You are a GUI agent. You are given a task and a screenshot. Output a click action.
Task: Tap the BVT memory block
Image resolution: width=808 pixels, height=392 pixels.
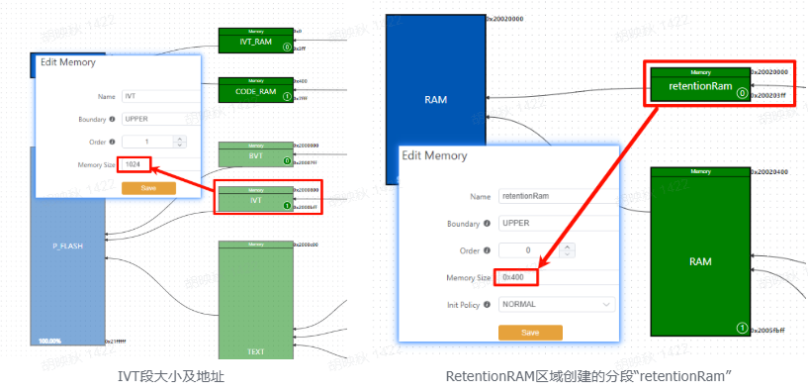click(255, 156)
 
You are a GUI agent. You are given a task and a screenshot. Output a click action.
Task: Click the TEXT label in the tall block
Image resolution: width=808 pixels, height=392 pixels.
click(255, 350)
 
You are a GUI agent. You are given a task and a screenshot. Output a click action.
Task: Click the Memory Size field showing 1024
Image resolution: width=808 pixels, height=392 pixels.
click(137, 163)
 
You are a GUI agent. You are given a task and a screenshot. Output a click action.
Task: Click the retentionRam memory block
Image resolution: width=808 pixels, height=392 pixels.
click(700, 87)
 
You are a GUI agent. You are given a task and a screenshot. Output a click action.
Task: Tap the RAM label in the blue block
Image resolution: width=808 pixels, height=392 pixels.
click(435, 101)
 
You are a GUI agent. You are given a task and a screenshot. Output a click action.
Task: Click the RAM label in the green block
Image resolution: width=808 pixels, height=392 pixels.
click(699, 262)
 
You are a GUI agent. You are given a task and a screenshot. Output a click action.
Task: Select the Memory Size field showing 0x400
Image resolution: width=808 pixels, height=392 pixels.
click(518, 277)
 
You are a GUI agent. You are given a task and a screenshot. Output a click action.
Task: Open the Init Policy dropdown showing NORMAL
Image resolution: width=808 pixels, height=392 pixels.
click(556, 304)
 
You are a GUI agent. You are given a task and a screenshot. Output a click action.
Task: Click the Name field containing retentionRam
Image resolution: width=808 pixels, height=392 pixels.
click(556, 195)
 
